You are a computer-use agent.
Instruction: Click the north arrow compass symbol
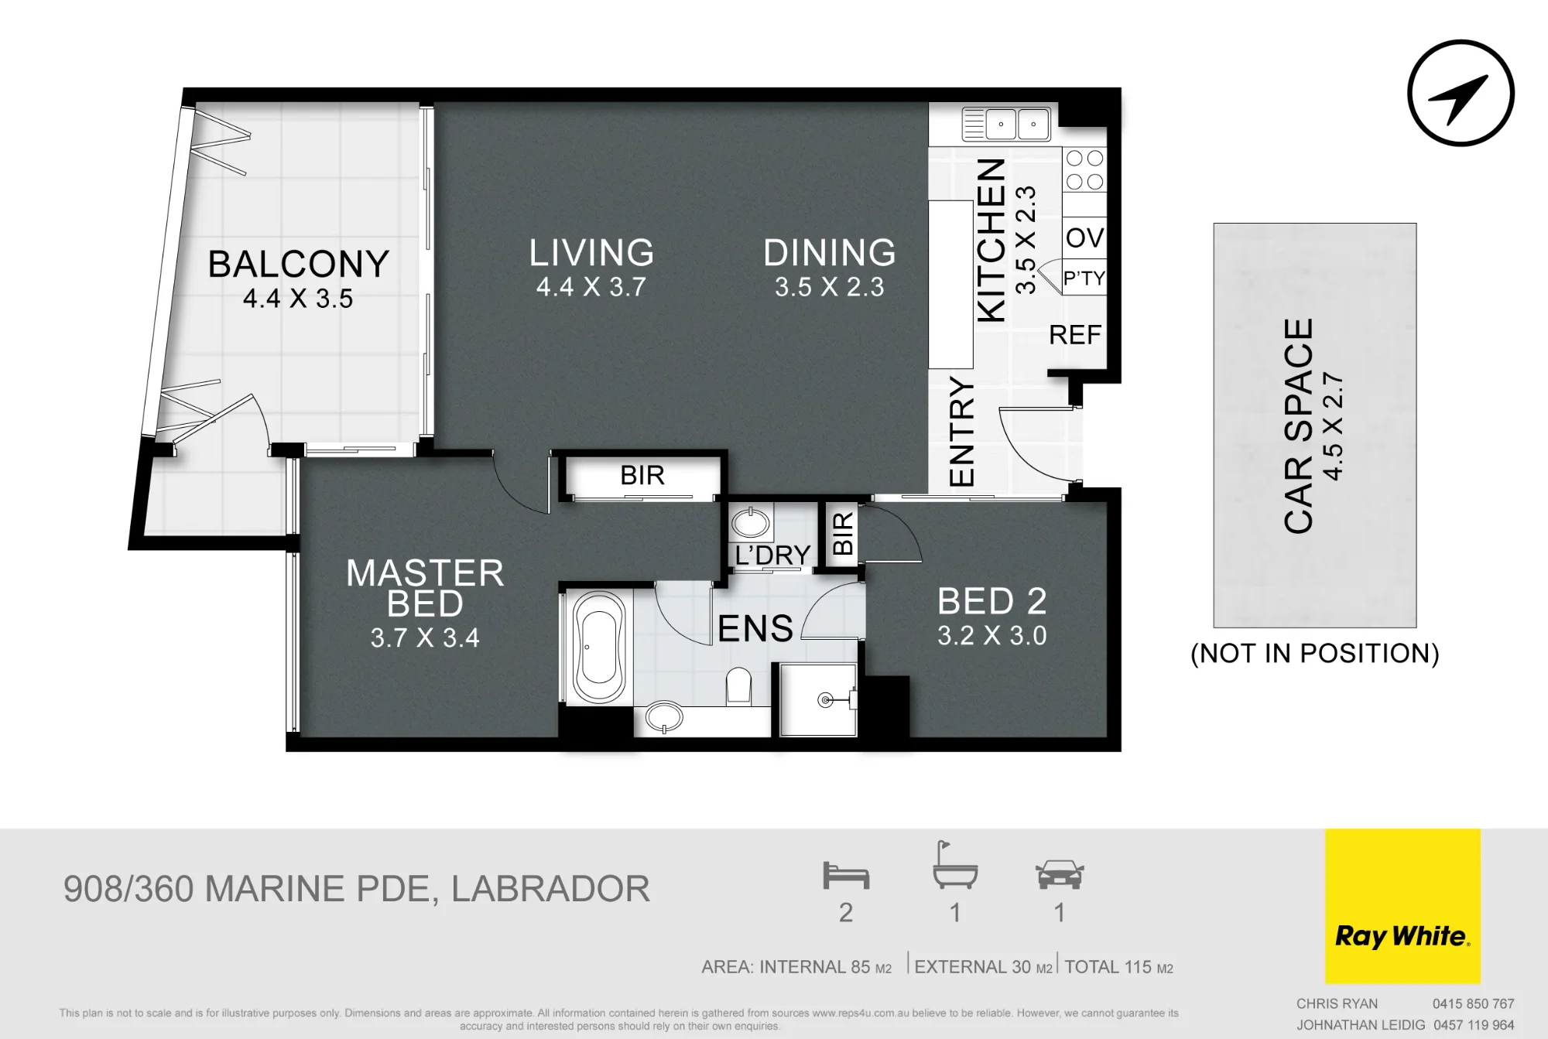1461,93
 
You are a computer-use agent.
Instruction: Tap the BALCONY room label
299,264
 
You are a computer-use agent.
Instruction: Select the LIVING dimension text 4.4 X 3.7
591,287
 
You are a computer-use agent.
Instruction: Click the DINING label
830,253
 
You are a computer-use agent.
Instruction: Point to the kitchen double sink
1006,124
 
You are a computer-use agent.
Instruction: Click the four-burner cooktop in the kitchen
1084,170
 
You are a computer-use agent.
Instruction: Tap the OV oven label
1084,238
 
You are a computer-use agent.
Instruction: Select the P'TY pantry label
1084,278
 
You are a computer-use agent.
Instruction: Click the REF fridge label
1075,335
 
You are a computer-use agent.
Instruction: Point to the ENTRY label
961,432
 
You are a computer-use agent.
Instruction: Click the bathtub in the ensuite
599,648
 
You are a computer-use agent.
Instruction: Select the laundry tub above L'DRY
750,524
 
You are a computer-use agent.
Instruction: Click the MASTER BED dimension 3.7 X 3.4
425,638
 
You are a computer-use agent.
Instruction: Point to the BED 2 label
992,601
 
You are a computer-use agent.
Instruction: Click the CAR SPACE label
1299,426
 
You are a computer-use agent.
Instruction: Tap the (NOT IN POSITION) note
1315,654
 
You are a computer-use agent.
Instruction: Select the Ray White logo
1402,906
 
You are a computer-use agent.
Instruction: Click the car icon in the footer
1060,874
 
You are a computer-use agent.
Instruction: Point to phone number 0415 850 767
1473,1004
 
